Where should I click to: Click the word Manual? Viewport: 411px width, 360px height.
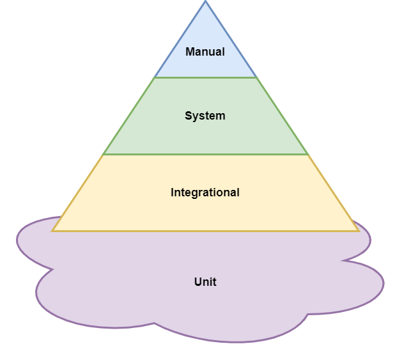pyautogui.click(x=205, y=52)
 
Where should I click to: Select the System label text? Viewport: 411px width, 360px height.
pyautogui.click(x=205, y=116)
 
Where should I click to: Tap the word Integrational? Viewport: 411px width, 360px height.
pyautogui.click(x=205, y=192)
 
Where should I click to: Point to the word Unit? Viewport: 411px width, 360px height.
pyautogui.click(x=205, y=282)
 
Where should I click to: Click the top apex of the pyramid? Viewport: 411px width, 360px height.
pyautogui.click(x=205, y=2)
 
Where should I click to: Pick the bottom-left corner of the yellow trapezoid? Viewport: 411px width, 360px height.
pyautogui.click(x=52, y=231)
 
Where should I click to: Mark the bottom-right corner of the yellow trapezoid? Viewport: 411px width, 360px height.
pyautogui.click(x=358, y=231)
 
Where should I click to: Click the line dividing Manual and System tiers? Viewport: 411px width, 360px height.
pyautogui.click(x=205, y=77)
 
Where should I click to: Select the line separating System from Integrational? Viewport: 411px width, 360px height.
pyautogui.click(x=205, y=154)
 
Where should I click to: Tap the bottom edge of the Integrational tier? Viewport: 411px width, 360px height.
pyautogui.click(x=205, y=231)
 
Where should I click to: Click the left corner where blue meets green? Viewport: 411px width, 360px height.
pyautogui.click(x=155, y=77)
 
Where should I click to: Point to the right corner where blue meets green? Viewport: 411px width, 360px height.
pyautogui.click(x=256, y=77)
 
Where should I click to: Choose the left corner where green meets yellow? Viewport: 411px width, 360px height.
pyautogui.click(x=104, y=154)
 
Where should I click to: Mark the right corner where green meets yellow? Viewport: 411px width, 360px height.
pyautogui.click(x=307, y=154)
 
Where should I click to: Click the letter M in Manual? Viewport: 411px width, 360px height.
pyautogui.click(x=190, y=52)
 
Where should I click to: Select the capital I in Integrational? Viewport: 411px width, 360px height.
pyautogui.click(x=173, y=192)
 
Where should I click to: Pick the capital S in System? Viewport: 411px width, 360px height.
pyautogui.click(x=189, y=116)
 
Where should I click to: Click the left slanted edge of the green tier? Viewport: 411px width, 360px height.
pyautogui.click(x=129, y=116)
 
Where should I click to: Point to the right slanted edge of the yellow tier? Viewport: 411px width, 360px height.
pyautogui.click(x=333, y=192)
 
